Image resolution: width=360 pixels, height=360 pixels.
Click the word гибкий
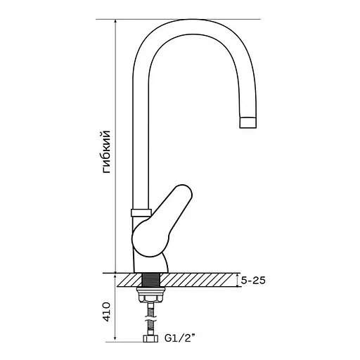tap(106, 152)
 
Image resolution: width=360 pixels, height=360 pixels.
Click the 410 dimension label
tap(106, 311)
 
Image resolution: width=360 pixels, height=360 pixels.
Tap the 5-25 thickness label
tap(253, 281)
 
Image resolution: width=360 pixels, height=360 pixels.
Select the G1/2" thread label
tap(180, 337)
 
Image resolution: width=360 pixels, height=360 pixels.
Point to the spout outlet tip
tap(247, 122)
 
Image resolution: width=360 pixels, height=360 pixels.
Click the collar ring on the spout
tap(141, 212)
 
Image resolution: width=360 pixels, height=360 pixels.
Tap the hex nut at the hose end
tap(150, 338)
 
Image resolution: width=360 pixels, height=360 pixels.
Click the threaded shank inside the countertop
tap(150, 280)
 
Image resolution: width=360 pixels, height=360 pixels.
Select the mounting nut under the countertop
tap(150, 295)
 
